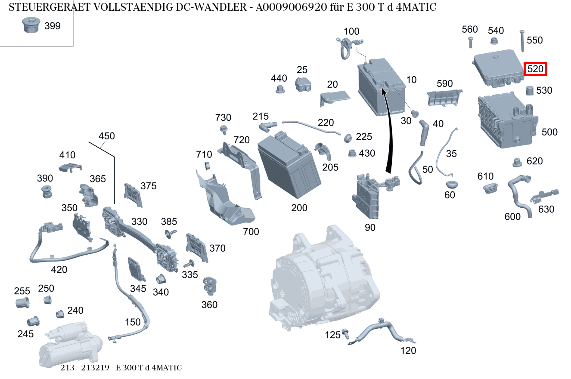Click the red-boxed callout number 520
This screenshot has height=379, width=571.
tap(535, 69)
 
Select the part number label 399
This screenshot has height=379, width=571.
tap(53, 26)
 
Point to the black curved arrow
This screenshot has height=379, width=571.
tap(388, 138)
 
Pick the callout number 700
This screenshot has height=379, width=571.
tap(251, 232)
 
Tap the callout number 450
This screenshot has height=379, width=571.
tap(107, 136)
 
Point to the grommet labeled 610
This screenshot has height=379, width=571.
tap(489, 188)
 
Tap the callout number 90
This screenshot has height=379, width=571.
tap(370, 228)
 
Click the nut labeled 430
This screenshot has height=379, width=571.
tap(351, 153)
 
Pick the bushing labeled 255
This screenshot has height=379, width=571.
tap(22, 302)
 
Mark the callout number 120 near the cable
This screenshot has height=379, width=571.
tap(408, 351)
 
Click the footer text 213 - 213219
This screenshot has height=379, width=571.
tap(86, 368)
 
